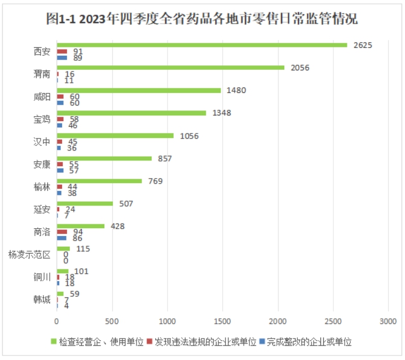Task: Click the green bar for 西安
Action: [202, 45]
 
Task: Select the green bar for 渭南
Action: [170, 68]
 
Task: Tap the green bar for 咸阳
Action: [139, 90]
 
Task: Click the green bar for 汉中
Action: [115, 135]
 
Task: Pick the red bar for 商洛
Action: [62, 232]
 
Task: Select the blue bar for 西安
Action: [62, 57]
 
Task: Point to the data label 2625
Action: [363, 45]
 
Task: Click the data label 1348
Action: [222, 113]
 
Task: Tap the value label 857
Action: [165, 158]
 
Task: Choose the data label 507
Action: [126, 203]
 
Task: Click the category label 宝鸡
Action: [42, 119]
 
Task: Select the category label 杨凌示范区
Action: [29, 255]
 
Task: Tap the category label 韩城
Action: [42, 300]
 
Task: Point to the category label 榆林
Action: [42, 187]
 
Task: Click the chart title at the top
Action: [202, 19]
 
